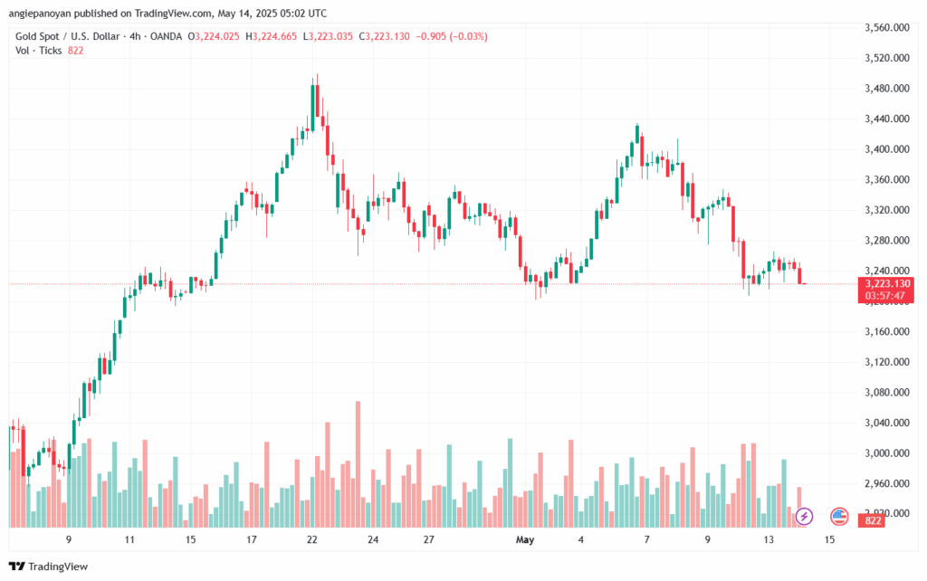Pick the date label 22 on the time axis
312,539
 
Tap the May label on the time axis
523,539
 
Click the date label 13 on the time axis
769,539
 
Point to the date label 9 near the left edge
69,539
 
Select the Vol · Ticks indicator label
39,51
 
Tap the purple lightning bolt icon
805,517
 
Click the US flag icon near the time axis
838,517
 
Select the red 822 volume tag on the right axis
874,521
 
